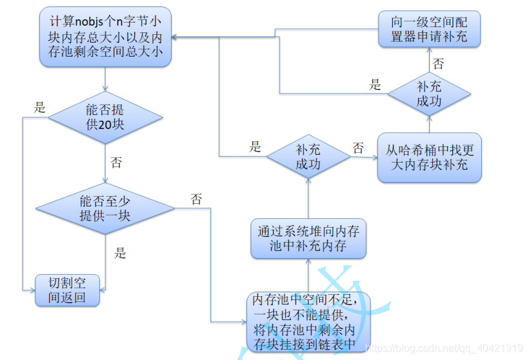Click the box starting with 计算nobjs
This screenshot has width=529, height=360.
pos(105,36)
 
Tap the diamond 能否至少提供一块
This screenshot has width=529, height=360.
pos(105,208)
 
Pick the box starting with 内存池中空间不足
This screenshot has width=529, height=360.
pos(309,322)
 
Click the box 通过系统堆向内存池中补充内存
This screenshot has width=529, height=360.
pos(308,238)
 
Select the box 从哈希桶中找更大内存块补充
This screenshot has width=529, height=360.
pos(430,157)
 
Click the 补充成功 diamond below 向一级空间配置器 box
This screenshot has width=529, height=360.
pos(429,94)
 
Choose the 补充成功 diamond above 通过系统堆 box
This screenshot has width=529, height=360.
pos(308,157)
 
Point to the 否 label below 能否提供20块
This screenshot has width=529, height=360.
pos(116,162)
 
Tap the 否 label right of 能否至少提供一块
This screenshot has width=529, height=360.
pos(196,199)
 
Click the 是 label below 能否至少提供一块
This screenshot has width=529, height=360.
pos(121,253)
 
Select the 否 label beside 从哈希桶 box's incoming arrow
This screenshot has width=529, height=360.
pos(358,148)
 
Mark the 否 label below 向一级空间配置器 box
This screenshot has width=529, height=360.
pos(439,64)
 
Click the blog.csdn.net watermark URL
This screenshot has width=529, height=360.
pos(444,348)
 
